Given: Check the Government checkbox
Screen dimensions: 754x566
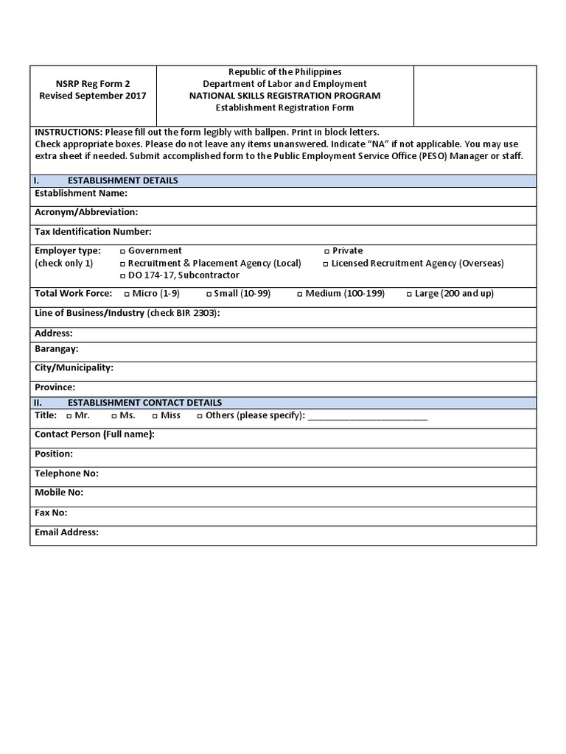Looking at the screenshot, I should tap(122, 251).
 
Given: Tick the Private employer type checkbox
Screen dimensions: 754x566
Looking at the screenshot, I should tap(326, 251).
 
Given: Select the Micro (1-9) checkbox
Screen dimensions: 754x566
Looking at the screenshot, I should tap(126, 294).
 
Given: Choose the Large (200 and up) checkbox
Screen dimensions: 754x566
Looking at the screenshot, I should tap(408, 294).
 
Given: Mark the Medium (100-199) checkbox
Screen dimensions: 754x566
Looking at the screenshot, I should tap(299, 294).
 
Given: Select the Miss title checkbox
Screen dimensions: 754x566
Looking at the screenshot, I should tap(154, 416).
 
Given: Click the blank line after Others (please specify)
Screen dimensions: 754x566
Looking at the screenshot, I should tap(367, 417).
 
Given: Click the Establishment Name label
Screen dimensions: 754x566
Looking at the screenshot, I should tap(81, 194).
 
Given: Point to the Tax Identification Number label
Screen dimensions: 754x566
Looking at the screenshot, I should tap(93, 232).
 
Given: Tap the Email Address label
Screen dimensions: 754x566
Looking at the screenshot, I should tap(66, 532).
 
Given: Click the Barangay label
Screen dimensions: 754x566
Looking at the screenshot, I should tap(57, 348).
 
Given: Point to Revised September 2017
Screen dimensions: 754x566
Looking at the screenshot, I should tap(93, 96).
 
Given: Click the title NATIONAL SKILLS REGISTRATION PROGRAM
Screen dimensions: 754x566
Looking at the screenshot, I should tap(284, 96).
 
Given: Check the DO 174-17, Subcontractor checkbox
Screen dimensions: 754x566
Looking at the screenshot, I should tap(122, 275).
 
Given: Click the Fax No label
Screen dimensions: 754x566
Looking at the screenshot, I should tap(51, 512).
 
